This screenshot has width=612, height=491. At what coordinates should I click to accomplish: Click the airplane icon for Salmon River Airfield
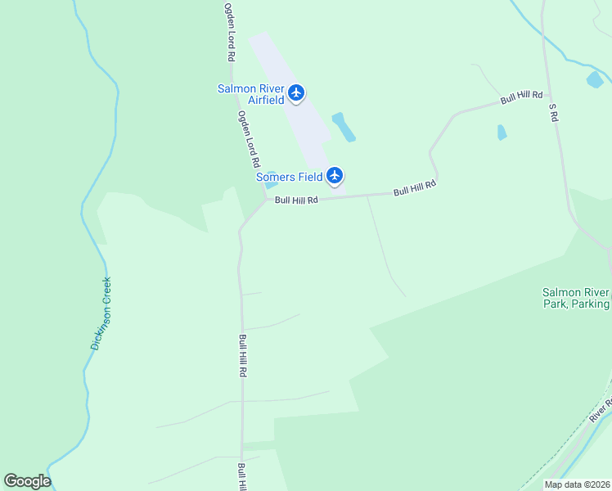tap(297, 92)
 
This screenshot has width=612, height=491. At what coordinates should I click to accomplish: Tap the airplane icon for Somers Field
tap(334, 175)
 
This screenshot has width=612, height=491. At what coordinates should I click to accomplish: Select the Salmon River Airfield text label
tap(251, 94)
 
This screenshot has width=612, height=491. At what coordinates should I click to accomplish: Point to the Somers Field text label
tap(288, 177)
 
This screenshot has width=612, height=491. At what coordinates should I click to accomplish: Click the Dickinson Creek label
tap(101, 313)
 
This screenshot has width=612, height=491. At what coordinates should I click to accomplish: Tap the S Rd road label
tap(553, 112)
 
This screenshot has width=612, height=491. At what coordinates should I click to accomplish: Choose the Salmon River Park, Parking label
tap(575, 298)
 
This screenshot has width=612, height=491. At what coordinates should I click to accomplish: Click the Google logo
tap(27, 481)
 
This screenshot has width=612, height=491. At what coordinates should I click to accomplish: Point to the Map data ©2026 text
tap(576, 484)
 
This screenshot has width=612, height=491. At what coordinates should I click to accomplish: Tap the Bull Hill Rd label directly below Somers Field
tap(296, 200)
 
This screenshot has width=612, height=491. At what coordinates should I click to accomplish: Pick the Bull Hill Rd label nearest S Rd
tap(522, 97)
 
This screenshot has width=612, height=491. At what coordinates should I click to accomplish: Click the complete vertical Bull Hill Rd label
tap(243, 355)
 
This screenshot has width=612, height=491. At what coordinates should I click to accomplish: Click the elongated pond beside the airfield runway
tap(344, 127)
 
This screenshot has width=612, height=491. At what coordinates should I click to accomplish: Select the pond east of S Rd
tap(595, 79)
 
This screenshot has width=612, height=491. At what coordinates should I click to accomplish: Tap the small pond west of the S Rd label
tap(502, 132)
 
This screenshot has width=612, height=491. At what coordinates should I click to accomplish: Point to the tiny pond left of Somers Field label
tap(271, 184)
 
